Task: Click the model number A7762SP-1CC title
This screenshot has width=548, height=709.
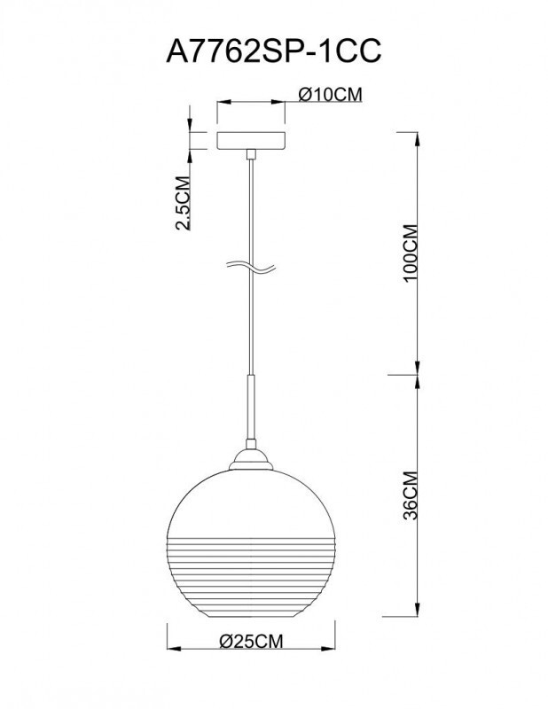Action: tap(274, 51)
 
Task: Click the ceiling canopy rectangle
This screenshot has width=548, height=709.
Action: tap(252, 140)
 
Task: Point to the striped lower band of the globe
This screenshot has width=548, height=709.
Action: tap(252, 567)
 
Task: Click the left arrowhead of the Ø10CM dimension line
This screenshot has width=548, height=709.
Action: tap(220, 103)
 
